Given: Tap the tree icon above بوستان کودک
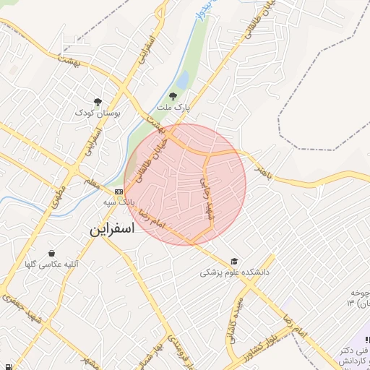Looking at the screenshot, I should [x=98, y=102].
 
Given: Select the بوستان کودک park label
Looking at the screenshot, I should [x=98, y=113].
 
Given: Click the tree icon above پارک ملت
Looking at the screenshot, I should [x=172, y=95].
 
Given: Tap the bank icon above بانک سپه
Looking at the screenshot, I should [x=119, y=191].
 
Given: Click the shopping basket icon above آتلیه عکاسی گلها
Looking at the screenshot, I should [x=52, y=253].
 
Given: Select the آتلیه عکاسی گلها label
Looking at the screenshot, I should [x=52, y=264].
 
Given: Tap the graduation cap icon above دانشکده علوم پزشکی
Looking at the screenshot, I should [x=234, y=262].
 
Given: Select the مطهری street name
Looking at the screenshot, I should [x=58, y=193].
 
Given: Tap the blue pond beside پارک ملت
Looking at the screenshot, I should [x=184, y=79].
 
